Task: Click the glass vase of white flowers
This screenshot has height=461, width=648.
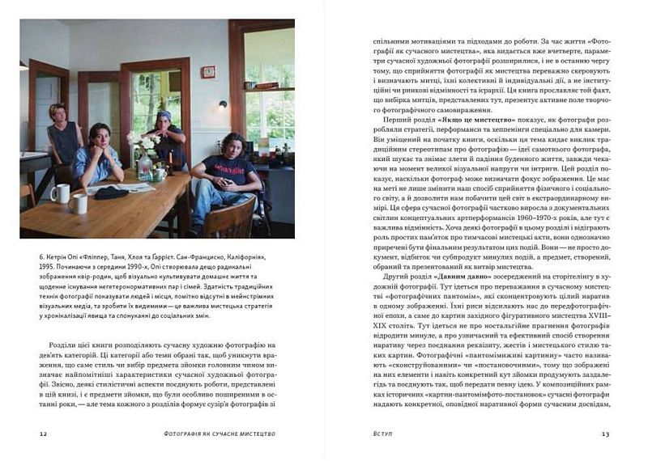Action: (x=144, y=165)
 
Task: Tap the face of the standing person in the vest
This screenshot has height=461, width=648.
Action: (x=58, y=113)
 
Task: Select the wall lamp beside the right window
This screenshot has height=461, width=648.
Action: (x=223, y=104)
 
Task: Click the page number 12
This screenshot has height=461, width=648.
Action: (x=43, y=434)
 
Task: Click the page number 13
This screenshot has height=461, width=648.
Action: (x=604, y=434)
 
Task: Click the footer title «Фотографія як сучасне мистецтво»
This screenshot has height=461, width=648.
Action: (x=220, y=434)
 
